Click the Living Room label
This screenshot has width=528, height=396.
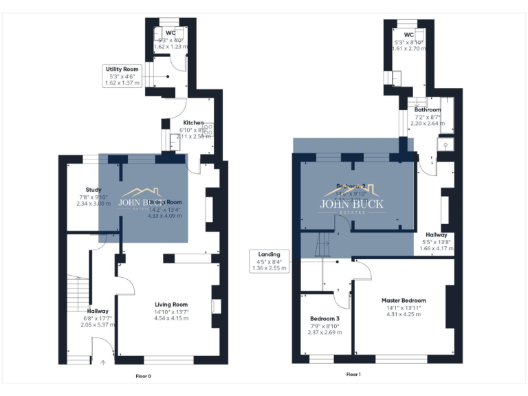(170, 305)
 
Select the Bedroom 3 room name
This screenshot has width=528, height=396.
(323, 319)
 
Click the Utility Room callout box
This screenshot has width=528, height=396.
(122, 76)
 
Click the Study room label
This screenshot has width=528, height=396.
(93, 190)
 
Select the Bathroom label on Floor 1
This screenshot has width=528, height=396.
(427, 110)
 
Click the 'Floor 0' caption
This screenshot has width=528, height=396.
(143, 376)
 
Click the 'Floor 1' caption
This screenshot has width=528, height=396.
(353, 375)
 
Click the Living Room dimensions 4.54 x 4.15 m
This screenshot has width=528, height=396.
(170, 318)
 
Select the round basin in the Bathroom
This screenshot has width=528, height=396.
(445, 145)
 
